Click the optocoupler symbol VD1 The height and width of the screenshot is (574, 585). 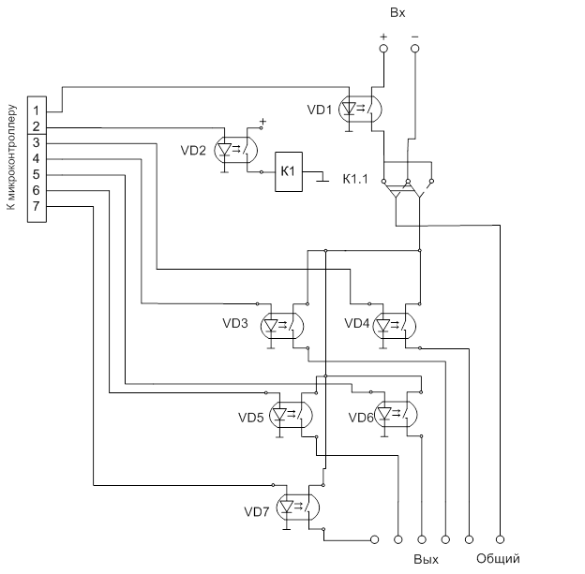click(360, 108)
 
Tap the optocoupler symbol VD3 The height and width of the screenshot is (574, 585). click(283, 325)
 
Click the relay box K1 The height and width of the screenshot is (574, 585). click(288, 171)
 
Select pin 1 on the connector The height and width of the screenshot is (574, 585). click(36, 110)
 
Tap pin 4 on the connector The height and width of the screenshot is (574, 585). click(36, 158)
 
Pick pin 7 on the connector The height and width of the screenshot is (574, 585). click(36, 206)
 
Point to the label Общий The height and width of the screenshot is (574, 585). click(498, 559)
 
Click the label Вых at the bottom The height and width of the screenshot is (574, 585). click(427, 559)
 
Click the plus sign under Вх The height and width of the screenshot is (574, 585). click(382, 37)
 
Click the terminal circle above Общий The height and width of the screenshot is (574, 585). click(500, 539)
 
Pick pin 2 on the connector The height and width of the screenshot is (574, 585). click(36, 126)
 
